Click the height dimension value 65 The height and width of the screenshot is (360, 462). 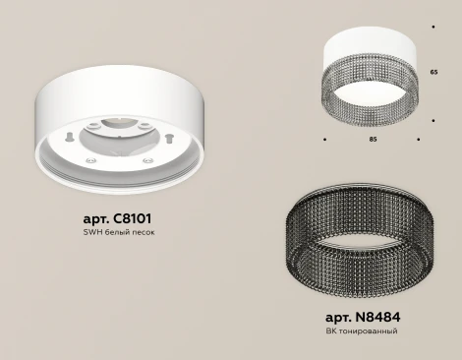(433, 74)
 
